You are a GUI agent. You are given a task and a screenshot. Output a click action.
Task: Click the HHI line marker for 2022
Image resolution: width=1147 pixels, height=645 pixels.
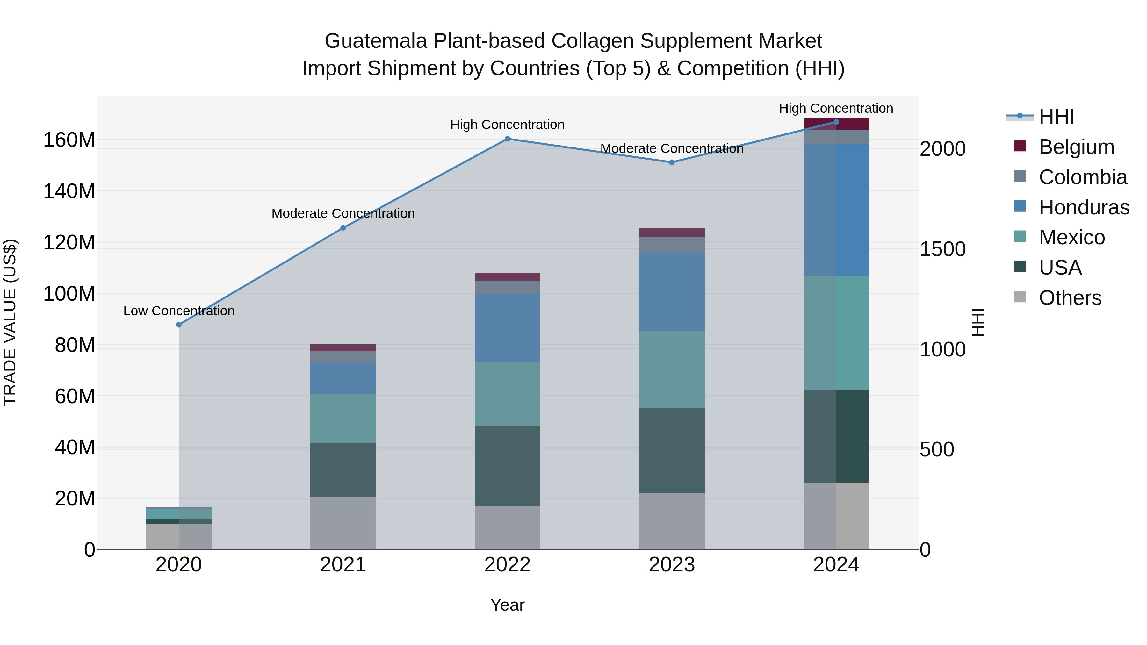pyautogui.click(x=507, y=139)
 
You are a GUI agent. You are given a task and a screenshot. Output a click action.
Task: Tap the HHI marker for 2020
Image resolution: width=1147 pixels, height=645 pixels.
pyautogui.click(x=178, y=325)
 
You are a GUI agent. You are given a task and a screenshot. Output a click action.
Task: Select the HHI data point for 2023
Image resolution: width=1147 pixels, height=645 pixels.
pyautogui.click(x=672, y=162)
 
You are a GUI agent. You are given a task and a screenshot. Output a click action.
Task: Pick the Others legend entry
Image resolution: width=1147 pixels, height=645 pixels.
pyautogui.click(x=1070, y=298)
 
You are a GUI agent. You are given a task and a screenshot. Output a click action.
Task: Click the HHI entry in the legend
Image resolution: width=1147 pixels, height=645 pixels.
pyautogui.click(x=1056, y=117)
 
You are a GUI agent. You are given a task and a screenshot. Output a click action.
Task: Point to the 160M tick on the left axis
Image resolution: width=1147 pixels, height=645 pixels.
pyautogui.click(x=69, y=140)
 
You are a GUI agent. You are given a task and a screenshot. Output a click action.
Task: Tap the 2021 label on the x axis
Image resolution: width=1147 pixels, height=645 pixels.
pyautogui.click(x=343, y=565)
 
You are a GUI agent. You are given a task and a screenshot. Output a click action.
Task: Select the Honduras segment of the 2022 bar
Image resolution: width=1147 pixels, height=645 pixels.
pyautogui.click(x=507, y=328)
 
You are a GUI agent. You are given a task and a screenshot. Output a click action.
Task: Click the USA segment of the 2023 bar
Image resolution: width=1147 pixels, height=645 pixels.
pyautogui.click(x=672, y=450)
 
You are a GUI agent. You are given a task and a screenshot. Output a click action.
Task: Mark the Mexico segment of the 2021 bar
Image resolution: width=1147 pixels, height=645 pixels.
pyautogui.click(x=343, y=419)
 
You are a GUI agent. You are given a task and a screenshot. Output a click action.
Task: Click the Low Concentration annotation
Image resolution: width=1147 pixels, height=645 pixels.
pyautogui.click(x=178, y=311)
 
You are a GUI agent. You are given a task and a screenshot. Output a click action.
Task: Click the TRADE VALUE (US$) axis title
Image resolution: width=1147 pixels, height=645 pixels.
pyautogui.click(x=10, y=322)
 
